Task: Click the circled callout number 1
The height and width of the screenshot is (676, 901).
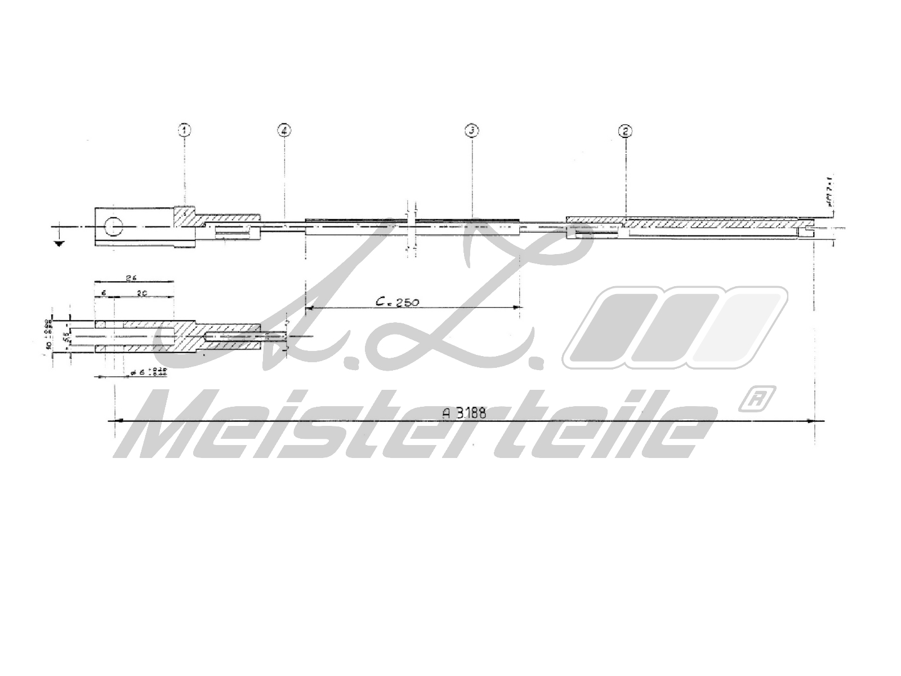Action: (x=185, y=131)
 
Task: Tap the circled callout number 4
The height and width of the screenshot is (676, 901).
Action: (x=284, y=131)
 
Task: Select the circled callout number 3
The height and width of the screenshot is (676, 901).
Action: (x=471, y=131)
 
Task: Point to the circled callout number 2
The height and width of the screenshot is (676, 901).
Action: (x=625, y=131)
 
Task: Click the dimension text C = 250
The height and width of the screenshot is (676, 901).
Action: (x=398, y=302)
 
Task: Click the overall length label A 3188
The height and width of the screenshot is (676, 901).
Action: (x=464, y=412)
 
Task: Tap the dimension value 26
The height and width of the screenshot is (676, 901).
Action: (x=133, y=278)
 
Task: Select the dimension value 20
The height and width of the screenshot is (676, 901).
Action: (x=142, y=292)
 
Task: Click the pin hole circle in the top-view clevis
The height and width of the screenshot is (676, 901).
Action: (x=113, y=226)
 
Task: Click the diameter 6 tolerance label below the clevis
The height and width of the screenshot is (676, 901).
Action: (x=144, y=372)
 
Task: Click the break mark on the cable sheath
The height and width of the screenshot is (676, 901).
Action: (x=411, y=225)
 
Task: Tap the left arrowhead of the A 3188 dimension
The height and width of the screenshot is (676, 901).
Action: (x=117, y=420)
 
